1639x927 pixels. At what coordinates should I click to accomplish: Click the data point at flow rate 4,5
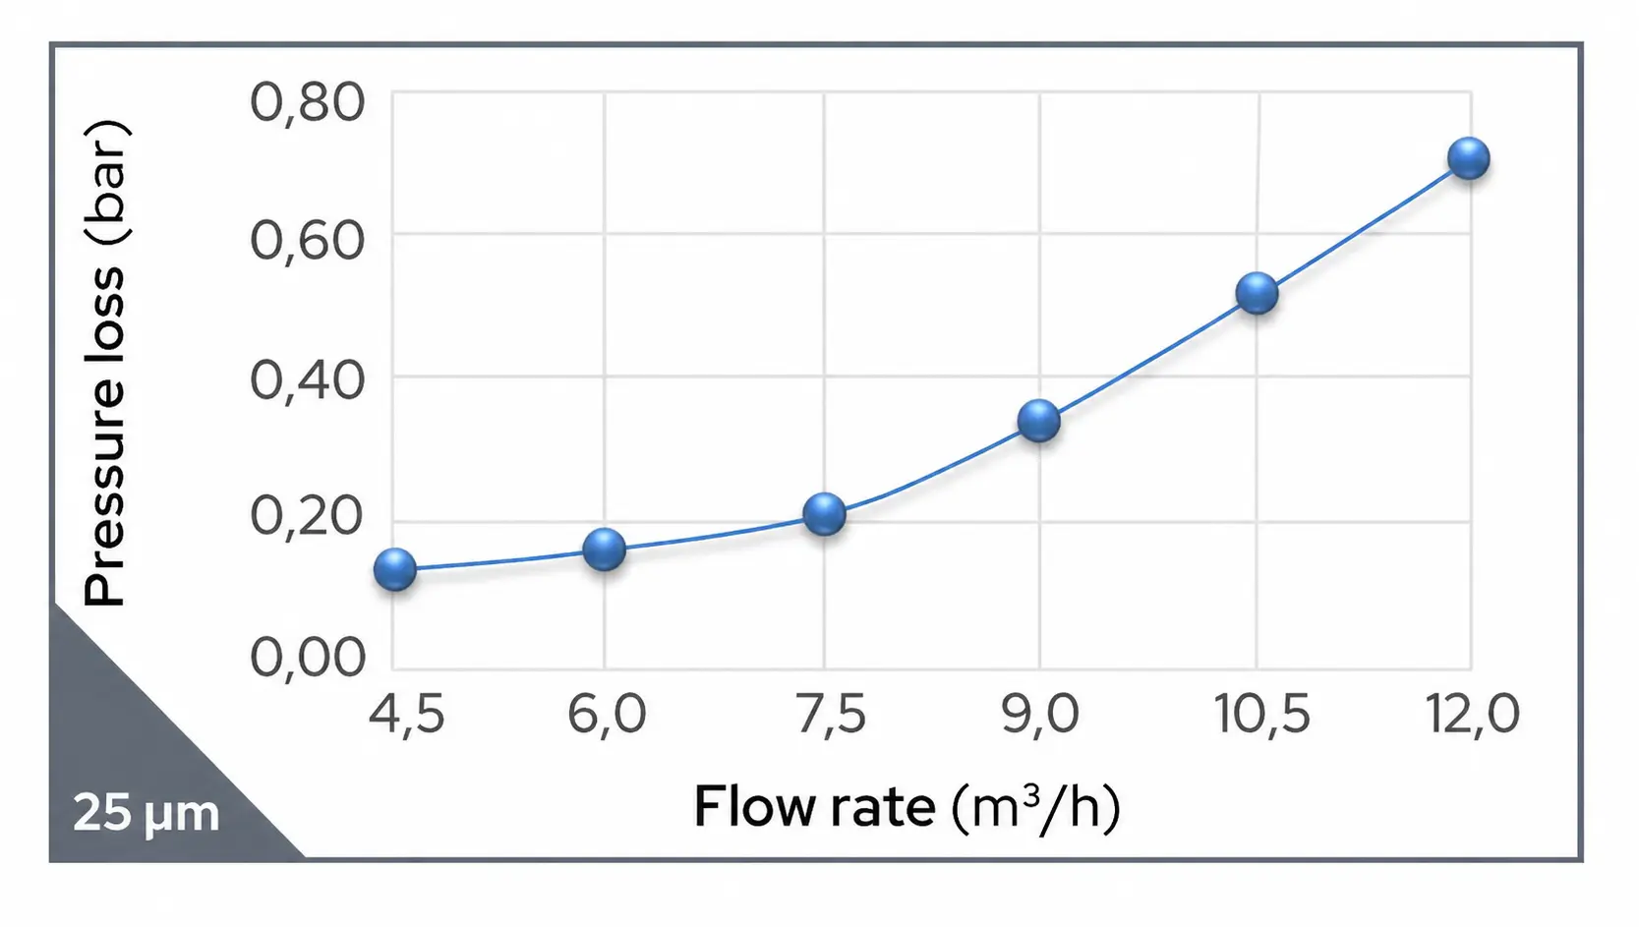tap(395, 569)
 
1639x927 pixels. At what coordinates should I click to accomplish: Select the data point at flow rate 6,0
tap(604, 549)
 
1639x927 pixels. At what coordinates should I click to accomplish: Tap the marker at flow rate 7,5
tap(824, 513)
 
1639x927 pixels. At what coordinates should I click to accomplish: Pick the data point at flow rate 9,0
tap(1039, 421)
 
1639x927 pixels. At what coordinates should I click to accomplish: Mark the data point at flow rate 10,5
tap(1257, 293)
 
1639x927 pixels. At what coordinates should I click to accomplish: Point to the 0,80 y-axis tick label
tap(307, 102)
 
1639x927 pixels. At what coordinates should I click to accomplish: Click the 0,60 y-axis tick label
tap(307, 240)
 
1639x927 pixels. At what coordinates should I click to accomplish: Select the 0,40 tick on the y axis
tap(307, 379)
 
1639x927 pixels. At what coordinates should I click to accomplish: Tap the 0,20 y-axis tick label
tap(307, 516)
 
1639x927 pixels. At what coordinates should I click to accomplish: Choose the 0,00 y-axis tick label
tap(307, 657)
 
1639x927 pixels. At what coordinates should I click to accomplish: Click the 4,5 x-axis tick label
tap(406, 714)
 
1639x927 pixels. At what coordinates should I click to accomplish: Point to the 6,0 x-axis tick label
tap(607, 714)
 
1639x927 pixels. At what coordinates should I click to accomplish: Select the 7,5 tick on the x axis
tap(831, 714)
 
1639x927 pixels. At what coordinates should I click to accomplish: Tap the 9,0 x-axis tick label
tap(1040, 714)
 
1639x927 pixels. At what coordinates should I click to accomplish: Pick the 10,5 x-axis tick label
tap(1262, 714)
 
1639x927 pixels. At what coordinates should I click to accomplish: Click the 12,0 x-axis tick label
tap(1473, 714)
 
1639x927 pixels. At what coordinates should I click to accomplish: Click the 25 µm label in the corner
tap(146, 814)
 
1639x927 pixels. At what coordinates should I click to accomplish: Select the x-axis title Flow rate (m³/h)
tap(907, 807)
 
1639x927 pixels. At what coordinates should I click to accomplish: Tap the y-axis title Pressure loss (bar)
tap(105, 363)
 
